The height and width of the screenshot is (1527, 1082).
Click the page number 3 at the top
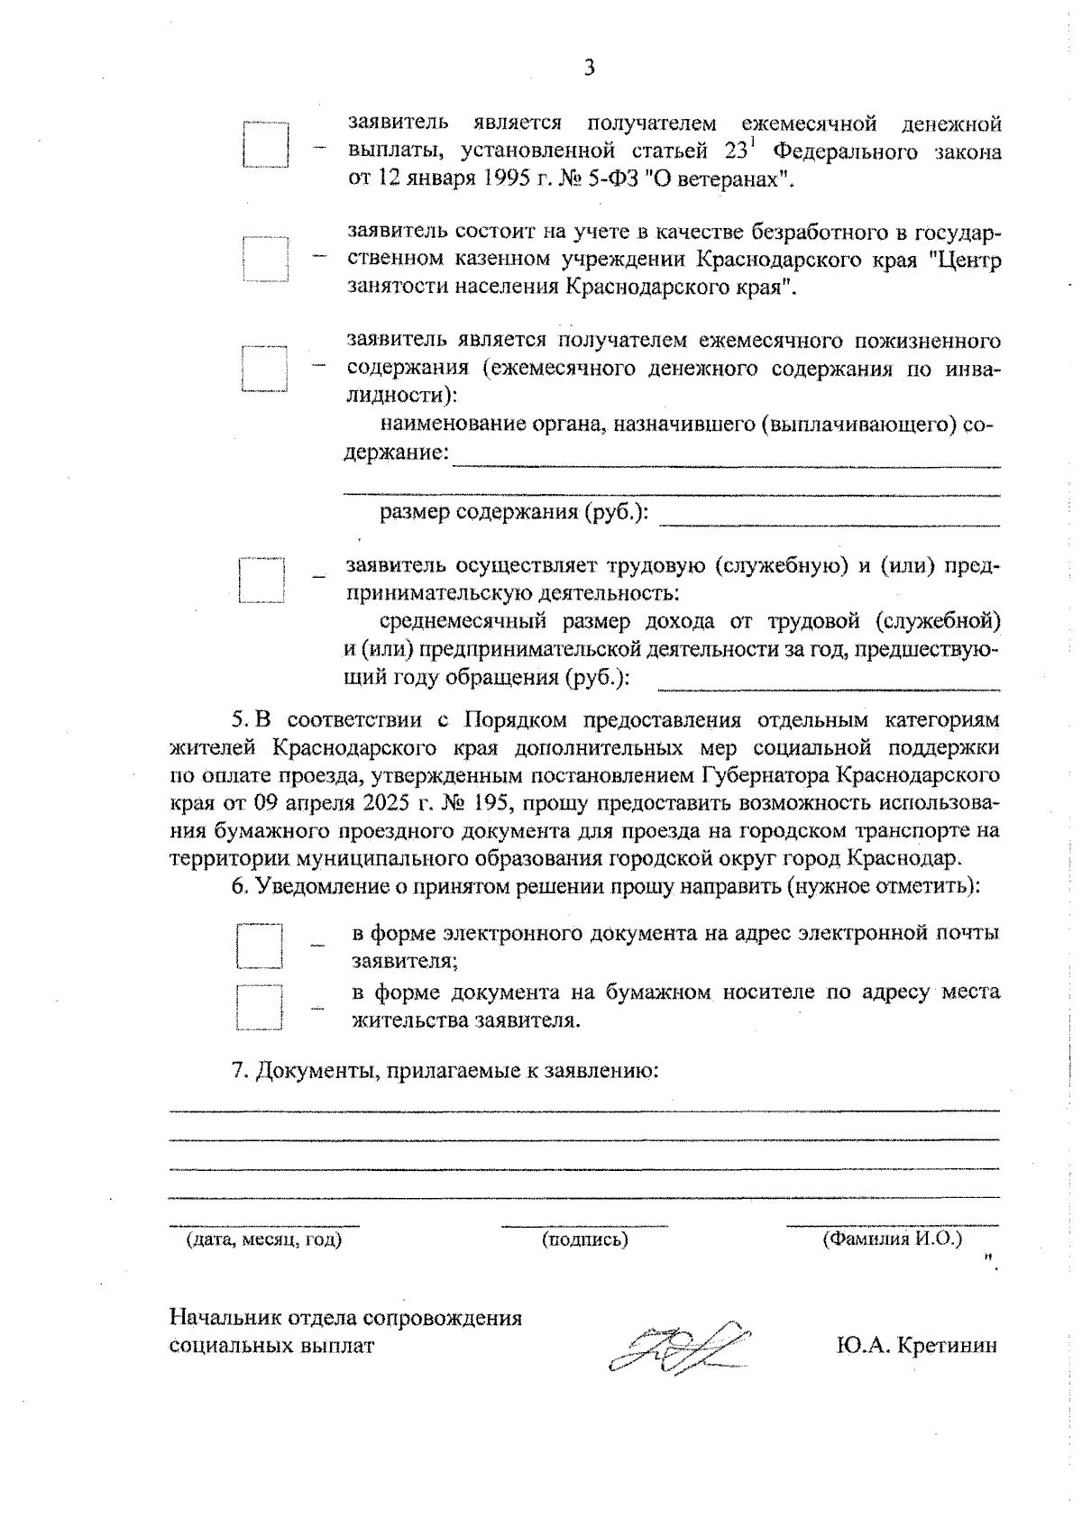tap(589, 69)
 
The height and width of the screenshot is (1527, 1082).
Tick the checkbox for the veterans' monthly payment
tap(265, 144)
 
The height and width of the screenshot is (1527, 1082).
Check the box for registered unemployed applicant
tap(265, 260)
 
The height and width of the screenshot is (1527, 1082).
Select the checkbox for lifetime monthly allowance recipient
tap(264, 369)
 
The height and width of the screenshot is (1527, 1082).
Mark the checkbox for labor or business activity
tap(261, 580)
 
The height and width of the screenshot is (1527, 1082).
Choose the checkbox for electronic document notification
tap(259, 946)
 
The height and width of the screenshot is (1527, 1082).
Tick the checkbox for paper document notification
tap(259, 1007)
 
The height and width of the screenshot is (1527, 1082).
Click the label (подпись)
tap(584, 1239)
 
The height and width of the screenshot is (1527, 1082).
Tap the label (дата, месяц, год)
tap(264, 1239)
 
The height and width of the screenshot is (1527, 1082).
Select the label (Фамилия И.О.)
tap(892, 1239)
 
